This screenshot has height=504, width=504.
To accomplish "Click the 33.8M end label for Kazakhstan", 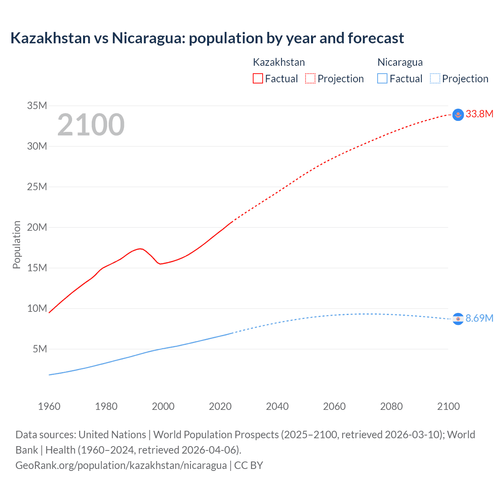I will pos(479,114).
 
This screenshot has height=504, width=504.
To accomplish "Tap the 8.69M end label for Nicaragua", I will pos(479,318).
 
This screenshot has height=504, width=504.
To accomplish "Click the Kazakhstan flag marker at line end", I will pos(458,115).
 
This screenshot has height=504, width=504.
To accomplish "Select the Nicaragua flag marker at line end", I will pos(458,319).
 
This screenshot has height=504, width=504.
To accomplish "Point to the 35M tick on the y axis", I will pos(37,106).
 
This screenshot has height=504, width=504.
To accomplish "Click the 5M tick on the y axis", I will pos(40,349).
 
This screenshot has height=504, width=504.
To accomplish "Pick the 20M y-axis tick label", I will pos(37,227).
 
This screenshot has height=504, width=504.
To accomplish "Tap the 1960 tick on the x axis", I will pos(49,406).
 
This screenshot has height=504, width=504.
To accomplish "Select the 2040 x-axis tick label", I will pos(277,406).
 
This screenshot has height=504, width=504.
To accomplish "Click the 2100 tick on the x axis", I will pos(448,406).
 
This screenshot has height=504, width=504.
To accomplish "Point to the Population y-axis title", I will pos(17,245).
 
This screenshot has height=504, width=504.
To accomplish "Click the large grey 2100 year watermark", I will pos(91,125).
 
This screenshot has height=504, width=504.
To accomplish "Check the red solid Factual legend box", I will pos(258,78).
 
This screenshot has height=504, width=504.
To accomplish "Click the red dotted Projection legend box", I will pos(310,78).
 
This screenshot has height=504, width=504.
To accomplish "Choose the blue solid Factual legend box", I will pos(382,78).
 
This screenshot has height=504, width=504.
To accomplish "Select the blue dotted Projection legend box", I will pos(435,78).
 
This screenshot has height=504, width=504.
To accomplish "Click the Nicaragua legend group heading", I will pos(400,62).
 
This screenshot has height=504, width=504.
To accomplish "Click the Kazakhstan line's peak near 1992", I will pos(140,248).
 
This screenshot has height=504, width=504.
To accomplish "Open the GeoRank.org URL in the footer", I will pos(121,465).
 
